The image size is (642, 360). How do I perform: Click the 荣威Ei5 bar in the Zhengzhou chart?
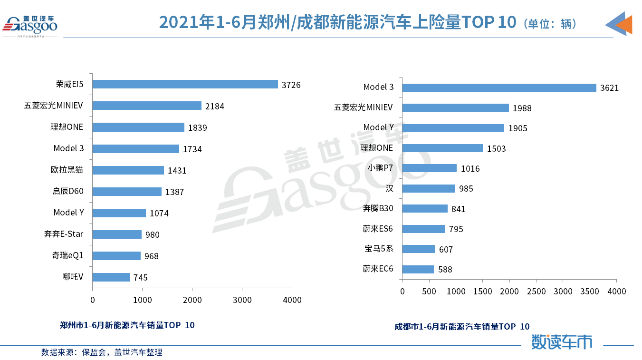(x=185, y=84)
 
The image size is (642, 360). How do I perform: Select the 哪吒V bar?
(x=111, y=277)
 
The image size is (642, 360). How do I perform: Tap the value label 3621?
(x=609, y=88)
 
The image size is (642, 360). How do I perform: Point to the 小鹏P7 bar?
(x=430, y=168)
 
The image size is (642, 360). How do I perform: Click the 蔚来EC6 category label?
(x=378, y=269)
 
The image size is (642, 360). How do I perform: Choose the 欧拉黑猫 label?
(x=67, y=170)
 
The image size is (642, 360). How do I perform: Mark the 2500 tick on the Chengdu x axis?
(x=537, y=291)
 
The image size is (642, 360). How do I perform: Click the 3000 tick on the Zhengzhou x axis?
(x=242, y=300)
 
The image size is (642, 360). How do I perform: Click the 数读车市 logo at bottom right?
(x=562, y=341)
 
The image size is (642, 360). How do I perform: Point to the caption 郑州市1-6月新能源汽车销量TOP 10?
(x=127, y=325)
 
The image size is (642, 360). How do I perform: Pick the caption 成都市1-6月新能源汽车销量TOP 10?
(x=461, y=327)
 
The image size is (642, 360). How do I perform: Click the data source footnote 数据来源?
(x=102, y=352)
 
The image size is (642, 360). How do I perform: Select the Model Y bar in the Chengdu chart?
(x=453, y=128)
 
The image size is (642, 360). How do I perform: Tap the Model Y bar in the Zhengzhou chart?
(x=119, y=213)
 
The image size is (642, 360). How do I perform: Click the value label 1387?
(x=174, y=192)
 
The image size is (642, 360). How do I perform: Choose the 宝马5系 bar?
(x=419, y=249)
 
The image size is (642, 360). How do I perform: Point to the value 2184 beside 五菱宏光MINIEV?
(x=214, y=107)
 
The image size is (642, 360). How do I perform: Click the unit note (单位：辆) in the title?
(x=550, y=24)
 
